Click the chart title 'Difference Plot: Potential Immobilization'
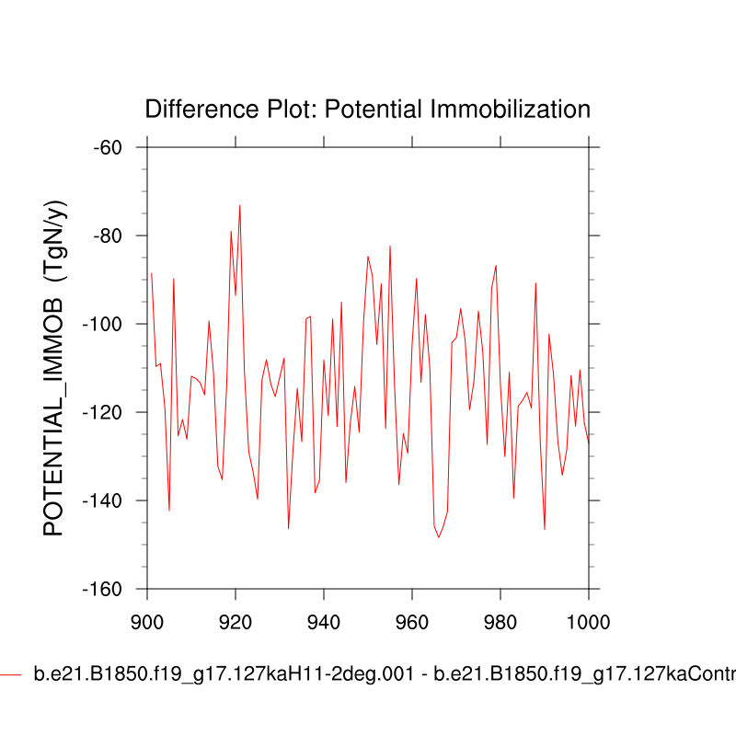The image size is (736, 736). point(367,109)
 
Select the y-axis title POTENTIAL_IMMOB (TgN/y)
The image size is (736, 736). point(57,368)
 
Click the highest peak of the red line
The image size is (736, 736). point(240,205)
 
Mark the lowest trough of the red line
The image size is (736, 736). point(439,537)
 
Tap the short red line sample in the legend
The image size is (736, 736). point(10,675)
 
